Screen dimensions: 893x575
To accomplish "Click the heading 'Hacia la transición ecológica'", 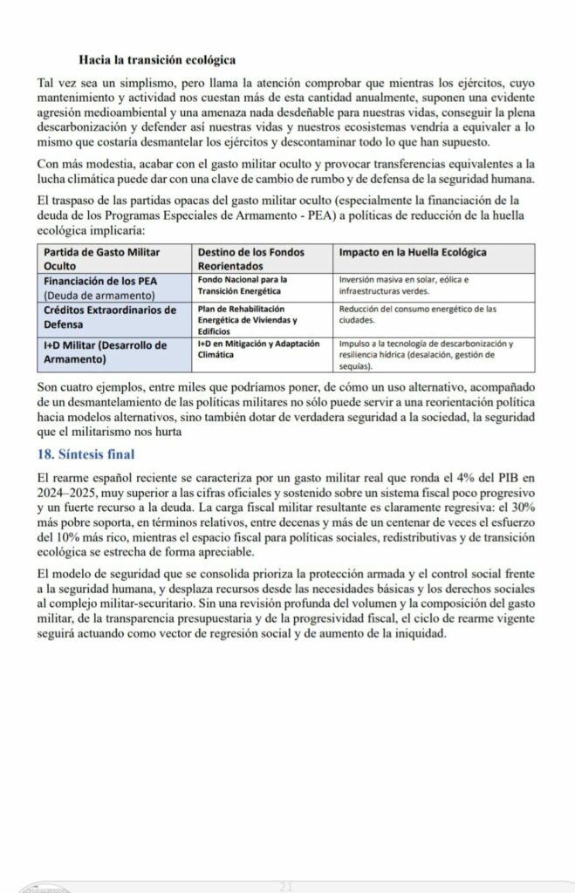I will point(156,60).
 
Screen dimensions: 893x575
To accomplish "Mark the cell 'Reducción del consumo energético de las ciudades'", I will point(417,314).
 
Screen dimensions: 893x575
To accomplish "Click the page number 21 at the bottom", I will point(284,886).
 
